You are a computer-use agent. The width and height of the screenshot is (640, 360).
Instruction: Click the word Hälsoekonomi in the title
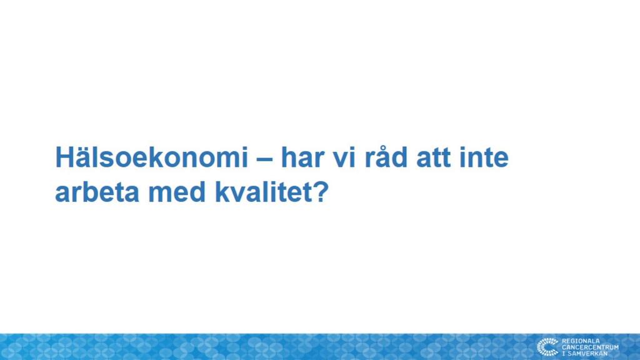151,157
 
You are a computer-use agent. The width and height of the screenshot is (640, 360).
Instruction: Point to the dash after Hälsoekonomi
264,158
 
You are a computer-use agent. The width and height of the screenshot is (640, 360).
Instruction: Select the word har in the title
301,157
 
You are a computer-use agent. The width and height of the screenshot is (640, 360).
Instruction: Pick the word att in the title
433,158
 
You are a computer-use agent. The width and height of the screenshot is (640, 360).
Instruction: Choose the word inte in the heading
484,157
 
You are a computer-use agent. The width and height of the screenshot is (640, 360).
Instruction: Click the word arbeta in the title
97,192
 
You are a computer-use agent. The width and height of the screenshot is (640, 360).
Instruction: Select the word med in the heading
177,192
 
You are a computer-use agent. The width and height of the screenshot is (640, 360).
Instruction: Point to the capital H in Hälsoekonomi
65,157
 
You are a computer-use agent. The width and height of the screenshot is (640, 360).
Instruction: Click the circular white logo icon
547,347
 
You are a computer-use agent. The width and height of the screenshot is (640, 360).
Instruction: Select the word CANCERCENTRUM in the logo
590,347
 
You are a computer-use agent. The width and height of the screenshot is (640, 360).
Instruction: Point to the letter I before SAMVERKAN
564,354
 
